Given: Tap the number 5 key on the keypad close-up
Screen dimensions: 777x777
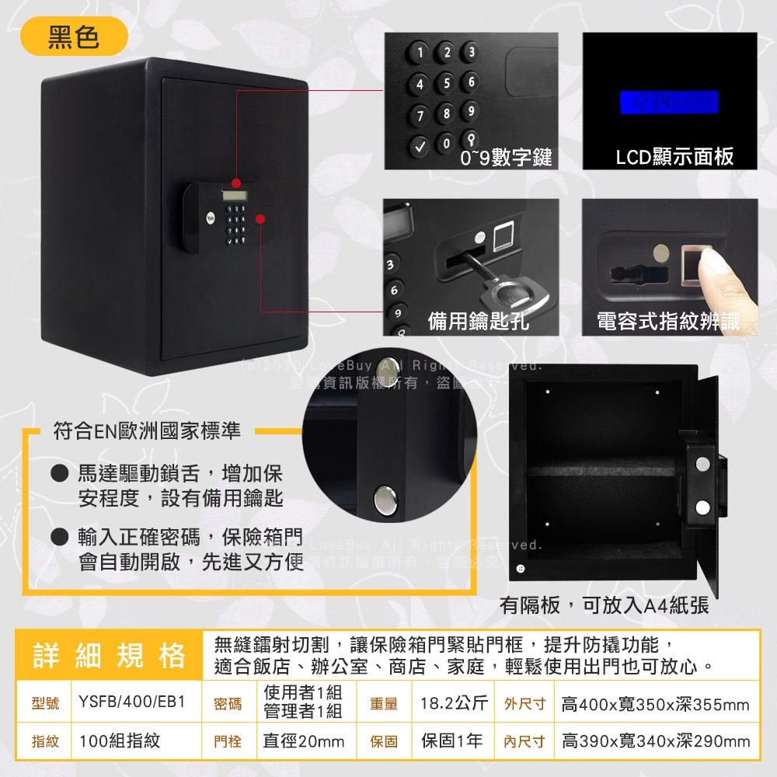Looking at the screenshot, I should click(x=446, y=82).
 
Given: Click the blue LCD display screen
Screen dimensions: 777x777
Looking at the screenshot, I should click(x=668, y=102).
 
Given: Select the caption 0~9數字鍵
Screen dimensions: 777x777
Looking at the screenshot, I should click(x=506, y=158).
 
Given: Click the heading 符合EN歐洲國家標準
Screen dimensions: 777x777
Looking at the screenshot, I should click(x=146, y=430).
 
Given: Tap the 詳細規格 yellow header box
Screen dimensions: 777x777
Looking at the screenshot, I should click(x=109, y=655).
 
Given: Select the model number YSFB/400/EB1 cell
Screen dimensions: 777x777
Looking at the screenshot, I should click(x=132, y=703).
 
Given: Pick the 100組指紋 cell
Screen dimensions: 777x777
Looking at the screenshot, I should click(x=120, y=741).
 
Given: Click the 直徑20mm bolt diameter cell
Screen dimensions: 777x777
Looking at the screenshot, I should click(x=304, y=741).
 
